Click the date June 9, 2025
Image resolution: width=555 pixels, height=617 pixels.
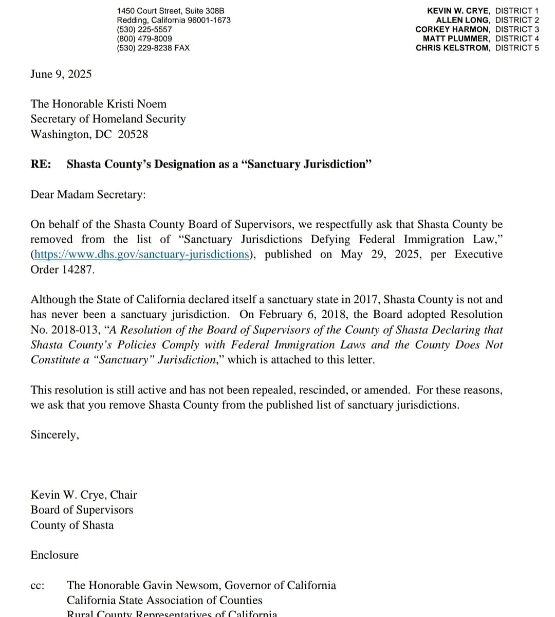(61, 74)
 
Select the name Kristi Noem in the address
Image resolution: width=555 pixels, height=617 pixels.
(137, 104)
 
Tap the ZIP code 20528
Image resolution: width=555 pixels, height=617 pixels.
(133, 134)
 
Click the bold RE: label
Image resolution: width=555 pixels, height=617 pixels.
(41, 164)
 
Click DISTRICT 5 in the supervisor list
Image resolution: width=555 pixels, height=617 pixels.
(517, 48)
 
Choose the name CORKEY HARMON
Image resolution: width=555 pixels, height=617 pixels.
(452, 29)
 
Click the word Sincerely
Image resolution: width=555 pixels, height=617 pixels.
(54, 435)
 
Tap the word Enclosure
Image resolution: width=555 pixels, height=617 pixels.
(54, 555)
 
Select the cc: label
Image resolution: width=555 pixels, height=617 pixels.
(37, 586)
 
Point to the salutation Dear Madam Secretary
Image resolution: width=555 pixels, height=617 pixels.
(88, 194)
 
